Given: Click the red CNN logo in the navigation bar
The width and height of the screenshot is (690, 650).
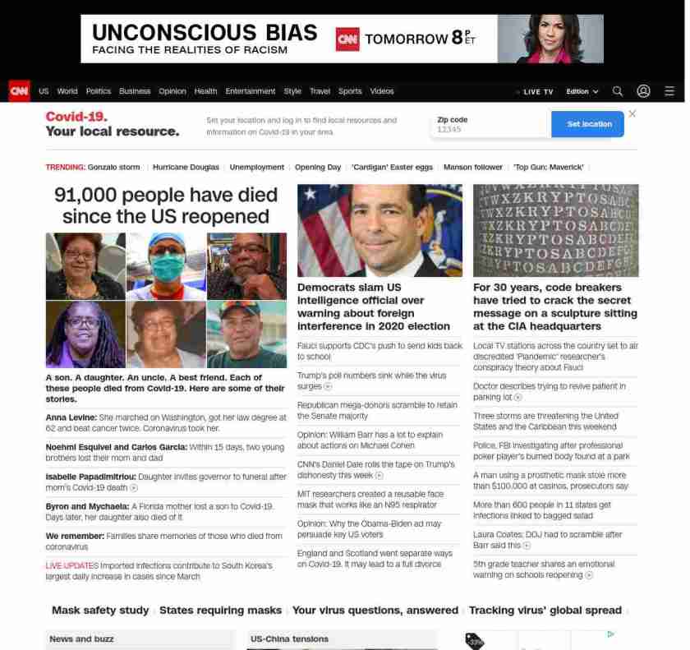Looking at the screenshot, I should pyautogui.click(x=19, y=91).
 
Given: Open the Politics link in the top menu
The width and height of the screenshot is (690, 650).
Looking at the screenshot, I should pyautogui.click(x=99, y=91).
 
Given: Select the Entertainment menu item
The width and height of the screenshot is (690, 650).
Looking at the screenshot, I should pyautogui.click(x=251, y=91).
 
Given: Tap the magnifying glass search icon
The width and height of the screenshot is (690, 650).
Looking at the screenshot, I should pyautogui.click(x=618, y=91).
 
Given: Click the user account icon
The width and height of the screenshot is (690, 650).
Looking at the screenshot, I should pyautogui.click(x=644, y=91).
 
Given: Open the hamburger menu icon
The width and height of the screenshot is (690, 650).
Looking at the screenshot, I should pyautogui.click(x=669, y=91).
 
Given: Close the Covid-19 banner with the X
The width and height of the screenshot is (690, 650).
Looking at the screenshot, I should pyautogui.click(x=632, y=113).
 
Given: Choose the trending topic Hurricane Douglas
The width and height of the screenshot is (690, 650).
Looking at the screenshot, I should pyautogui.click(x=186, y=167).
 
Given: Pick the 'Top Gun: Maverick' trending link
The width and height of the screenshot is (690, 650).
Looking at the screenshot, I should pyautogui.click(x=549, y=167).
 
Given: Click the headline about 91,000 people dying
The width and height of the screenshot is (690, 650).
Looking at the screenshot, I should pyautogui.click(x=166, y=205).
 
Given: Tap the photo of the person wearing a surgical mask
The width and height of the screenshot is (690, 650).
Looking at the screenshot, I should pyautogui.click(x=166, y=266).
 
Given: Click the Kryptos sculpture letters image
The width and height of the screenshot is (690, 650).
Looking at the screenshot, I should pyautogui.click(x=555, y=230).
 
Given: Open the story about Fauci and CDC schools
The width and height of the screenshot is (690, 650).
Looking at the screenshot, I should pyautogui.click(x=379, y=351).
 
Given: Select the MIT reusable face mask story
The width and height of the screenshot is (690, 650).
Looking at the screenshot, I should pyautogui.click(x=370, y=499).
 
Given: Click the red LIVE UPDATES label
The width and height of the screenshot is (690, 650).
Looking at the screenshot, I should pyautogui.click(x=71, y=565).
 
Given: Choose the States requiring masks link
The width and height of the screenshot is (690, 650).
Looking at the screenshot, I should pyautogui.click(x=220, y=610).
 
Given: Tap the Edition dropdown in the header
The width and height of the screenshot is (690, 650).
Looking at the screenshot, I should pyautogui.click(x=582, y=91).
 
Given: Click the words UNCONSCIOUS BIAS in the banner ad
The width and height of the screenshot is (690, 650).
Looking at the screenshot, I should pyautogui.click(x=205, y=33).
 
